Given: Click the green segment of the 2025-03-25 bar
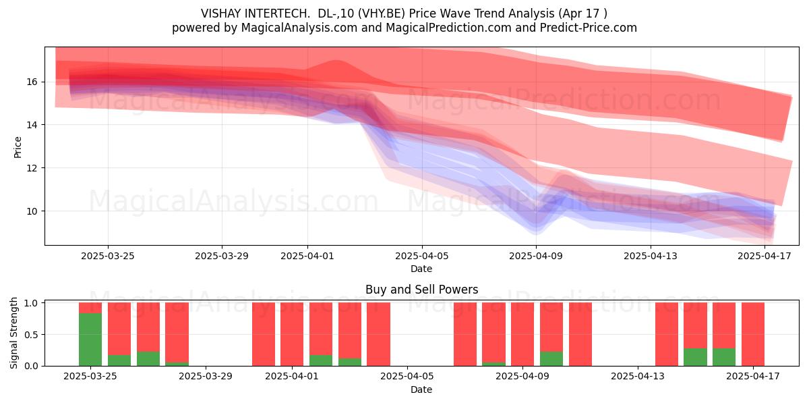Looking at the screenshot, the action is [x=90, y=340].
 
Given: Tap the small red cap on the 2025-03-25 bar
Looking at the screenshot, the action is [x=90, y=308].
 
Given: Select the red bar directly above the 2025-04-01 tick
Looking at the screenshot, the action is [x=292, y=334].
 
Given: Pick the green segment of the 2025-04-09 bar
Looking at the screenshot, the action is [x=551, y=358].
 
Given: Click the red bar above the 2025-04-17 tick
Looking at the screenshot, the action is [x=753, y=334].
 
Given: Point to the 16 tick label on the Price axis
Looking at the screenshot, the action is [x=32, y=82].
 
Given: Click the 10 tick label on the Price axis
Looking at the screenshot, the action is [x=32, y=211].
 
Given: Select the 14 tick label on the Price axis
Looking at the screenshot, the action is [x=32, y=125].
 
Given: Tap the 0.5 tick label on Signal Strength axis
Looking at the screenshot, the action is [x=31, y=335].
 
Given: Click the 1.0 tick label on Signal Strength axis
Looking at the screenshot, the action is [x=31, y=303].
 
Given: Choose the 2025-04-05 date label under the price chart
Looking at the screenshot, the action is [x=422, y=256].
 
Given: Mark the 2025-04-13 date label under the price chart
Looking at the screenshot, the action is [x=651, y=256].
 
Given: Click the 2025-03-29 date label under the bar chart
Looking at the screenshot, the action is [x=206, y=377].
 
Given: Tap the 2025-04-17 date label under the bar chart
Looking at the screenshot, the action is [x=753, y=377].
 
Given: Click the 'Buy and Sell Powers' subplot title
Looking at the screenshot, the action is [x=422, y=290].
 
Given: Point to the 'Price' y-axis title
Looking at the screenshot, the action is [x=18, y=148].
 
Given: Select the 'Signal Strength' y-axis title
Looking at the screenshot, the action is [x=13, y=333].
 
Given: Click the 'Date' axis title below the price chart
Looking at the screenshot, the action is [x=421, y=269].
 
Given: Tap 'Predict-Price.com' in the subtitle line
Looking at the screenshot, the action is [x=589, y=28].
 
